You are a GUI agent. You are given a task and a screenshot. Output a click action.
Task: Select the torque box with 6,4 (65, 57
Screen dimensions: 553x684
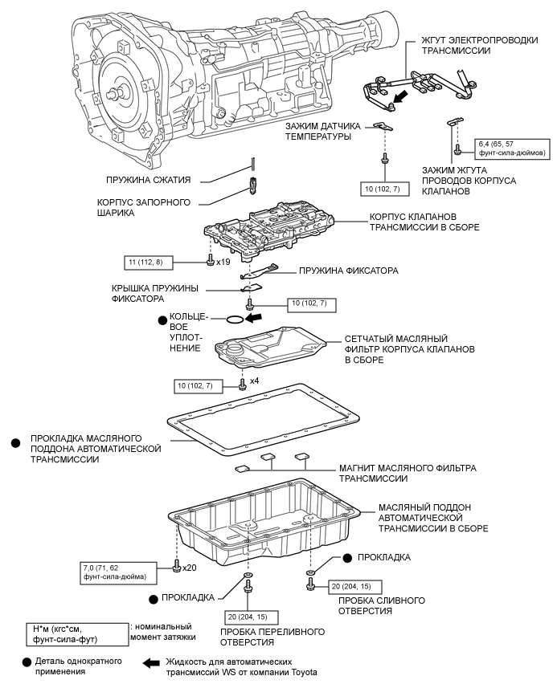[x=512, y=149]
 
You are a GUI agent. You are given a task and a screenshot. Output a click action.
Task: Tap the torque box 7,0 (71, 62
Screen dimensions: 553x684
[x=119, y=572]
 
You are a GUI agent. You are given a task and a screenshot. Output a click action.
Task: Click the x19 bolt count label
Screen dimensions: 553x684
[x=223, y=263]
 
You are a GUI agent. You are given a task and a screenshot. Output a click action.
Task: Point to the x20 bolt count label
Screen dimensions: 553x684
[x=189, y=568]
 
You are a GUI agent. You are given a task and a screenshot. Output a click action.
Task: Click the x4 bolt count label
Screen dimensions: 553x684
[x=254, y=381]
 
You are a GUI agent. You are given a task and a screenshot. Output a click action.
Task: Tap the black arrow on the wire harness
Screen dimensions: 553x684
[x=400, y=96]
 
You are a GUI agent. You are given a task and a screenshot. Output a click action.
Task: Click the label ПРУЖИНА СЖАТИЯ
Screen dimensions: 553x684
[x=148, y=180]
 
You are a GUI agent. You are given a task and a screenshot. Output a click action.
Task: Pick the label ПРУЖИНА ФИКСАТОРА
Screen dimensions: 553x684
[x=349, y=271]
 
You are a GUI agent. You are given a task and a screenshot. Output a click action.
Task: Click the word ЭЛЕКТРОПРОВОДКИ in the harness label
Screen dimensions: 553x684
[x=494, y=40]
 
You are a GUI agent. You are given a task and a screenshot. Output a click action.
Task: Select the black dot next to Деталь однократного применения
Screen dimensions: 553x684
[x=27, y=662]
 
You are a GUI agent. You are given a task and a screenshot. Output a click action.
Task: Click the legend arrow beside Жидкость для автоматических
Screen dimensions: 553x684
[x=151, y=663]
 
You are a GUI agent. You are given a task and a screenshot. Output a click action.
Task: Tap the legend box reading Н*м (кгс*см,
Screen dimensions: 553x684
[x=77, y=634]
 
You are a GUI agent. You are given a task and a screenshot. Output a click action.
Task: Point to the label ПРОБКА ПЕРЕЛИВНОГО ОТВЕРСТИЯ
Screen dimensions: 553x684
[x=272, y=637]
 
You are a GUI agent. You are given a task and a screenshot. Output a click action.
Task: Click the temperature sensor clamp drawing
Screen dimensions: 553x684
[x=384, y=126]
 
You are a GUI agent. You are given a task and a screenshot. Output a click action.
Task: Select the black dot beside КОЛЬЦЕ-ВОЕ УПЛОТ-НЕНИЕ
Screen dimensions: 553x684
[x=163, y=320]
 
